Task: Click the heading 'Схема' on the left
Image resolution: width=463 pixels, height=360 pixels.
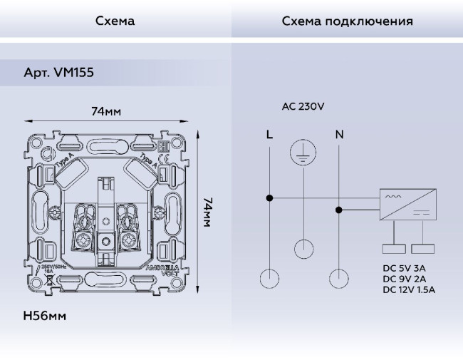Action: pyautogui.click(x=115, y=21)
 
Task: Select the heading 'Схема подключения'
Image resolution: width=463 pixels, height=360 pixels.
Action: pyautogui.click(x=347, y=21)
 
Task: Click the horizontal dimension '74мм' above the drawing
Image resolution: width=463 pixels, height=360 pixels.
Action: pyautogui.click(x=105, y=112)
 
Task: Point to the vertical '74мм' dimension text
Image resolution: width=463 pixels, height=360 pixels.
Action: pyautogui.click(x=207, y=212)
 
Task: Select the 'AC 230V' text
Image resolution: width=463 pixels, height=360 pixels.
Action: pyautogui.click(x=303, y=107)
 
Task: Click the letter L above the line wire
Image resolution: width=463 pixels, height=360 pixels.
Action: pyautogui.click(x=269, y=134)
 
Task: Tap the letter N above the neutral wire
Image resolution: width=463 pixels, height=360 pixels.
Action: pyautogui.click(x=338, y=134)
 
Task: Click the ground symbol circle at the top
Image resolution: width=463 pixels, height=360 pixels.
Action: pyautogui.click(x=303, y=153)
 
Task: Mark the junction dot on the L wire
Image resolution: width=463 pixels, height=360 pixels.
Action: pyautogui.click(x=269, y=197)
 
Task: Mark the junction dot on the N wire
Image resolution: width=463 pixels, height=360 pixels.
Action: pyautogui.click(x=338, y=210)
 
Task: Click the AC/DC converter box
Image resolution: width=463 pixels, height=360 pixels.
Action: pyautogui.click(x=407, y=205)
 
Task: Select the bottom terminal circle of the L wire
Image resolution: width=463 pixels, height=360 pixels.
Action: pyautogui.click(x=269, y=278)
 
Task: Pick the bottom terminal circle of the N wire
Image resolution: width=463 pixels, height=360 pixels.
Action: pyautogui.click(x=338, y=278)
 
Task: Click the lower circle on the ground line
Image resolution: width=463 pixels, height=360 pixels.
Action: pyautogui.click(x=303, y=248)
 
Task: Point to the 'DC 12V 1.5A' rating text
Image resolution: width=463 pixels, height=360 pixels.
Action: pyautogui.click(x=409, y=289)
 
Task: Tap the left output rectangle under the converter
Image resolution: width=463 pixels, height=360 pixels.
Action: pyautogui.click(x=393, y=250)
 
